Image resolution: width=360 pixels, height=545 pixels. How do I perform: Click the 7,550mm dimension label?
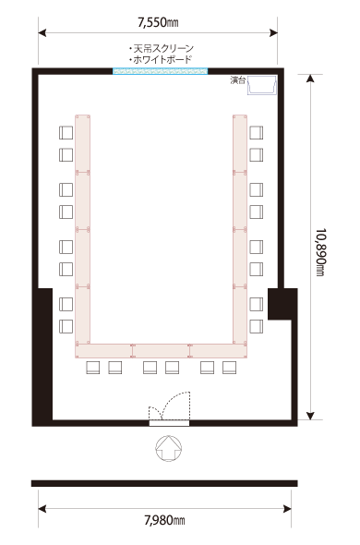pos(158,22)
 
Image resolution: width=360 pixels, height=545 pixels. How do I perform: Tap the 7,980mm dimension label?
pos(164,520)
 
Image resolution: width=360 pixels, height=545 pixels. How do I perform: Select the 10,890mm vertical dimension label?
pos(320,252)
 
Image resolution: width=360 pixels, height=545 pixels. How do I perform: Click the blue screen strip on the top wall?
pos(161,71)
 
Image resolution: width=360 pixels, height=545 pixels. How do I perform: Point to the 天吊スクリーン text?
pos(161,48)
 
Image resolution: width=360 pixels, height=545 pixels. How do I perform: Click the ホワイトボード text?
pos(161,60)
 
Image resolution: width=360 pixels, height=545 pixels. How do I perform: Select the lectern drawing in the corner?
pos(262,86)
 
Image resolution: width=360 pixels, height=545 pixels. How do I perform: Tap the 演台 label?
pos(238,80)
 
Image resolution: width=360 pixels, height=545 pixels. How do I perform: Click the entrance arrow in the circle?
pos(169,448)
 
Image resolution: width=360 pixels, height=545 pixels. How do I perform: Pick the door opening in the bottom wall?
pos(169,423)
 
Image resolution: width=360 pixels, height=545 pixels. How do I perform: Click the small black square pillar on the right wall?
pos(282,304)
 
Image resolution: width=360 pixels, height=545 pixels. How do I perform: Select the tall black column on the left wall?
pos(42,354)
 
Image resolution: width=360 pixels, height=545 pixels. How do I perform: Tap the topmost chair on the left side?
pos(66,133)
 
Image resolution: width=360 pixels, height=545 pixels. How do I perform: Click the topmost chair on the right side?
pos(256,133)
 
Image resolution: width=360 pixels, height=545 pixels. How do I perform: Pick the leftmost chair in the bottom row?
pos(93,368)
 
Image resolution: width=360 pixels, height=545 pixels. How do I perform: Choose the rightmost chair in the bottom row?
pos(229,368)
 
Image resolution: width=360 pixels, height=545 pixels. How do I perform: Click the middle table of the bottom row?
pos(162,351)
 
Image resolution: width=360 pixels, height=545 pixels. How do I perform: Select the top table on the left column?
pos(83,143)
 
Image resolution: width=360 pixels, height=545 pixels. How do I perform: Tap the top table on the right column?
pos(240,143)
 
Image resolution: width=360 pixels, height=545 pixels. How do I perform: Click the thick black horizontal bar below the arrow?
pos(164,483)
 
